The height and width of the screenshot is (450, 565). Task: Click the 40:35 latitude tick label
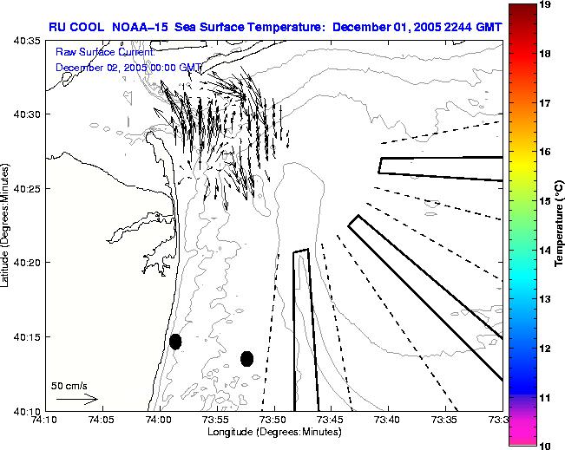(26, 40)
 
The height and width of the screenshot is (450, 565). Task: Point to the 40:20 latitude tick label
(26, 263)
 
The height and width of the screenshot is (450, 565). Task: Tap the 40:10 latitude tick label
(26, 411)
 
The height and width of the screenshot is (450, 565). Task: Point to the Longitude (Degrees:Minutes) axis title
(273, 432)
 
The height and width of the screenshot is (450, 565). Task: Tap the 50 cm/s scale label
(69, 385)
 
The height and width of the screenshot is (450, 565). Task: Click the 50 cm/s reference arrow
(76, 399)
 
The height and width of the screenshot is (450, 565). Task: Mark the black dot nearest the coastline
(175, 342)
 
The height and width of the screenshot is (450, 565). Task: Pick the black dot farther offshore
(246, 358)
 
